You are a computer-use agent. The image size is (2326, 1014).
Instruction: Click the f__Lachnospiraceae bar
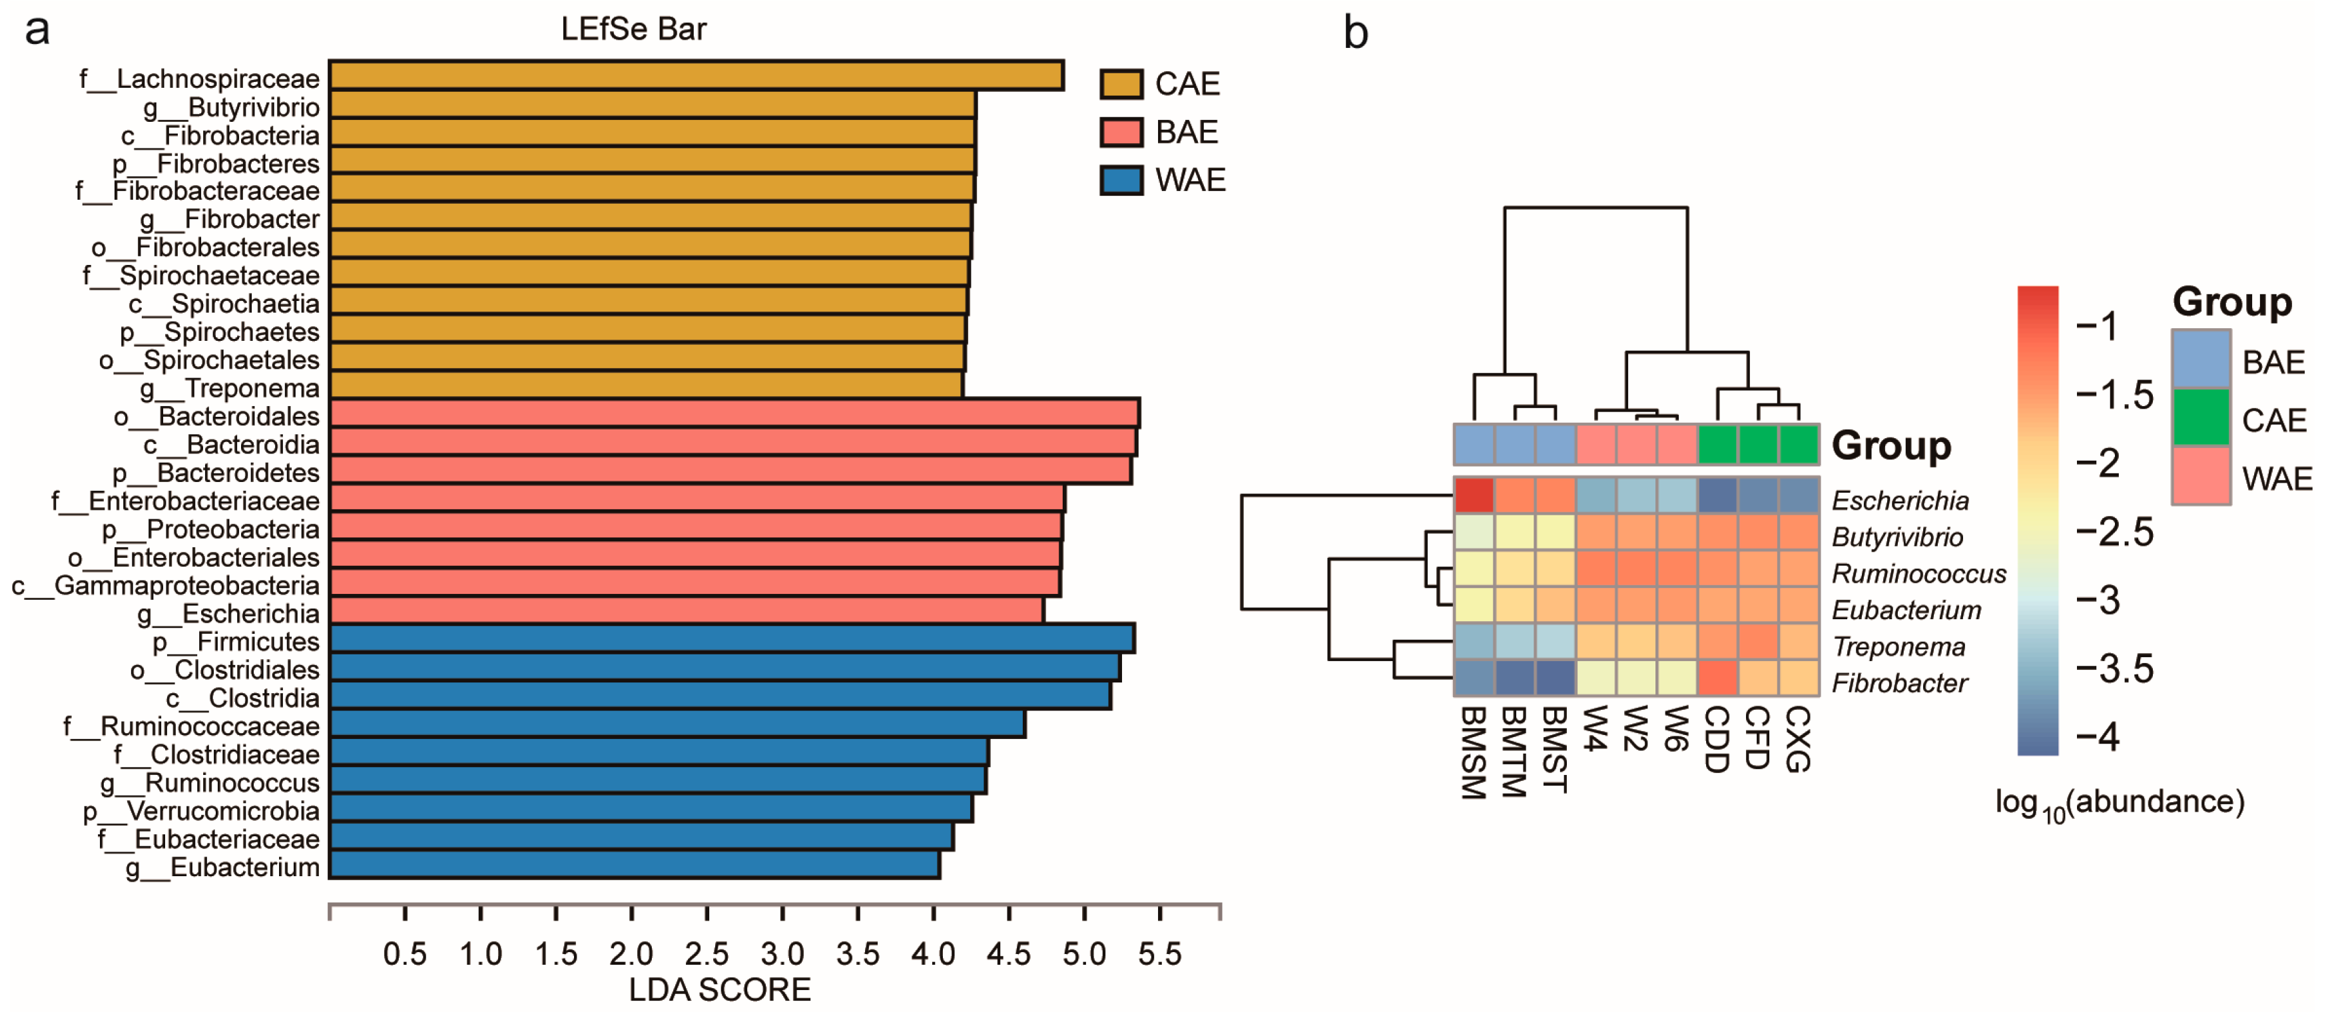coord(695,76)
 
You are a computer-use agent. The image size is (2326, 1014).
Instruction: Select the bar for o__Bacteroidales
coord(733,413)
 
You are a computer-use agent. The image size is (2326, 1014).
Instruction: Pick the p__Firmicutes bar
coord(731,639)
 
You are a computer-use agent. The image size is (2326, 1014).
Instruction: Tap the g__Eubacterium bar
coord(634,865)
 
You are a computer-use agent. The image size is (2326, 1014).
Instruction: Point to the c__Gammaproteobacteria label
coord(166,586)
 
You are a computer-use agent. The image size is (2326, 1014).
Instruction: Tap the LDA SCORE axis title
coord(720,989)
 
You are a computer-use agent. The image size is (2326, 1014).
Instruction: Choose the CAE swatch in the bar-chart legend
coord(1121,84)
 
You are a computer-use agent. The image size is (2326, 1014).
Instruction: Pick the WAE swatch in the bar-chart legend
coord(1121,180)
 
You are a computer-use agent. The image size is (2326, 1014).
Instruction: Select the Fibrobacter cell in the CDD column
coord(1717,678)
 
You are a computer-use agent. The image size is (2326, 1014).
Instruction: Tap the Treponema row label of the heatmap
coord(1898,646)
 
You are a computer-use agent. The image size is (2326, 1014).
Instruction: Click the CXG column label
coord(1798,738)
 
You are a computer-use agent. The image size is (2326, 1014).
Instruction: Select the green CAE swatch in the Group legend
coord(2201,417)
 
